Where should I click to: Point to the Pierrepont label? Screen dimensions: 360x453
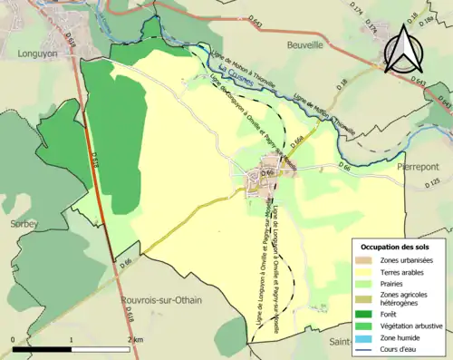[x=421, y=167]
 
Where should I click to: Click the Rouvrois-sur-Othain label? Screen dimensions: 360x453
[x=161, y=299]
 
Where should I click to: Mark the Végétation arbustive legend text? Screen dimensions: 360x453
[x=413, y=323]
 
